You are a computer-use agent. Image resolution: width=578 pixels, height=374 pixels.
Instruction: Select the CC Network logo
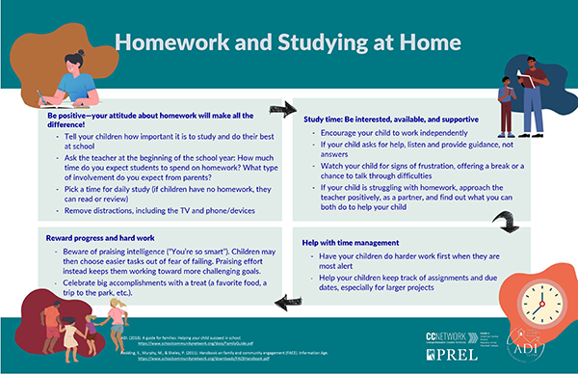coord(446,335)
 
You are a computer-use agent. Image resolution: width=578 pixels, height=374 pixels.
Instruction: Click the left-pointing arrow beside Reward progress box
coord(285,304)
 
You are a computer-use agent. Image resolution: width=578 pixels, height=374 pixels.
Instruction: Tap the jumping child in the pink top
coord(118,318)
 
